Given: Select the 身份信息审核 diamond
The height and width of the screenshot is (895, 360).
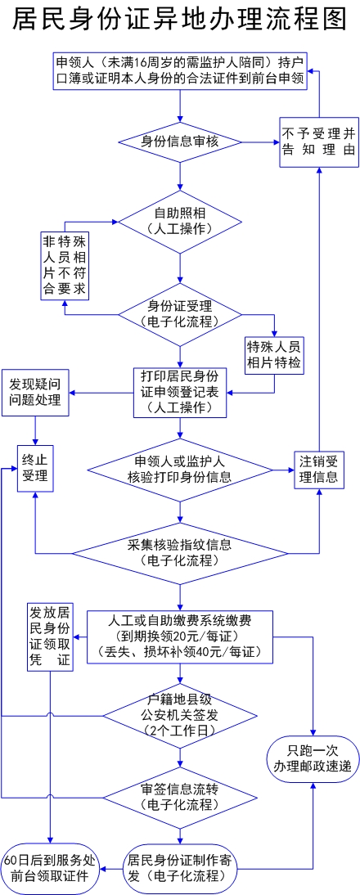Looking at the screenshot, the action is pyautogui.click(x=180, y=141).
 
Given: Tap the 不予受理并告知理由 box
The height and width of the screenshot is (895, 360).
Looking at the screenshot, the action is pyautogui.click(x=319, y=142).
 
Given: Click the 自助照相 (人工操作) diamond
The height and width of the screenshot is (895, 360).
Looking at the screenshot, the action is pyautogui.click(x=180, y=222).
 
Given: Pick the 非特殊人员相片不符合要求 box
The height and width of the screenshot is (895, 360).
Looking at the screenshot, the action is pyautogui.click(x=65, y=265).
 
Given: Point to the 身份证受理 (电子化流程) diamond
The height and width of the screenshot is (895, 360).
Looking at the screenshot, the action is pyautogui.click(x=180, y=314).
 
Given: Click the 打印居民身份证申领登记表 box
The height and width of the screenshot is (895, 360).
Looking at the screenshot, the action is pyautogui.click(x=180, y=392).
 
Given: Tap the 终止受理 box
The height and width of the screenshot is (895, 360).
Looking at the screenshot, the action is pyautogui.click(x=35, y=468).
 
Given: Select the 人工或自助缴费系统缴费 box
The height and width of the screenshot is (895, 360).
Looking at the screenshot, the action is pyautogui.click(x=180, y=637).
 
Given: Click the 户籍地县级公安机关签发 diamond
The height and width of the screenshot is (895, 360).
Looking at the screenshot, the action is pyautogui.click(x=180, y=715).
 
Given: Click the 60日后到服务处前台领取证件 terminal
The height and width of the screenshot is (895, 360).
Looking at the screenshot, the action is pyautogui.click(x=50, y=869).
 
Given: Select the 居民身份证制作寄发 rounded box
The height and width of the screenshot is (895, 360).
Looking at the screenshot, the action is pyautogui.click(x=180, y=869).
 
